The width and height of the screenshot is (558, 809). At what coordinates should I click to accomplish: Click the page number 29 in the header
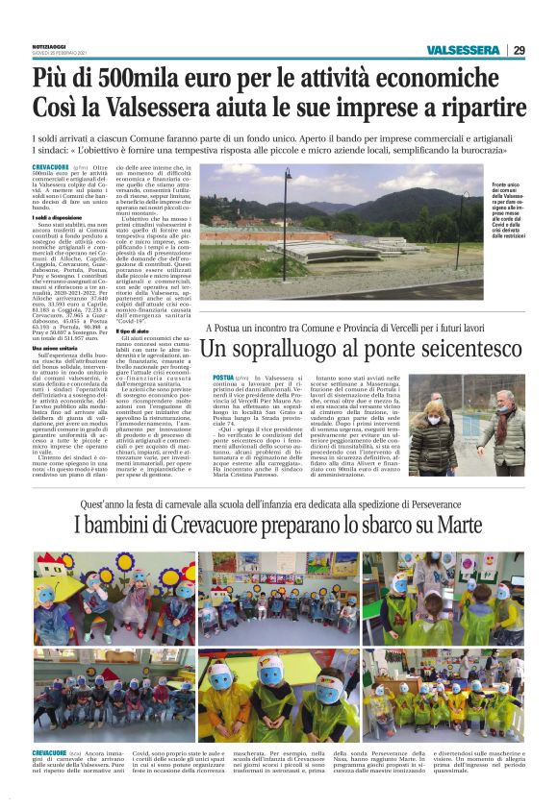[519, 51]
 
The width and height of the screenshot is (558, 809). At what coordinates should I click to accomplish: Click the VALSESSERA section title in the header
[467, 51]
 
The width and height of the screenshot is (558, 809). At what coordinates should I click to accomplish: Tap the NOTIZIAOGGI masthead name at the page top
[48, 44]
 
